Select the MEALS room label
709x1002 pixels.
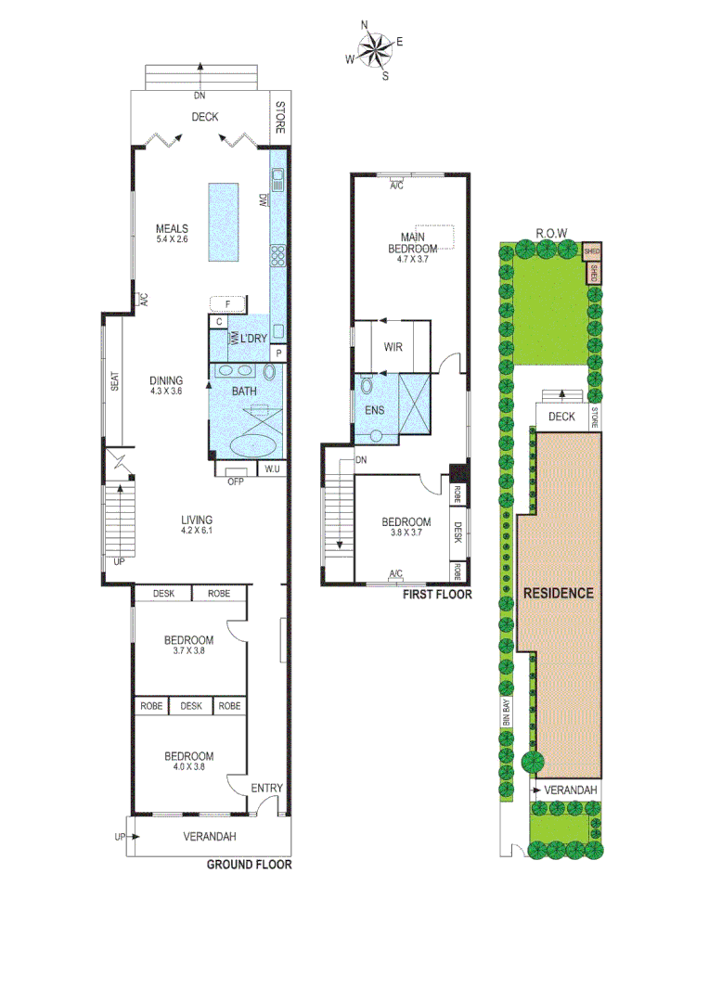point(172,229)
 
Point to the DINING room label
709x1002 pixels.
point(166,379)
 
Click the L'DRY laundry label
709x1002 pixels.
point(253,340)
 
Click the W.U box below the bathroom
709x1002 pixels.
point(272,469)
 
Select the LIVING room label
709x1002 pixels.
point(197,520)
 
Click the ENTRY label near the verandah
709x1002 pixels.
point(267,789)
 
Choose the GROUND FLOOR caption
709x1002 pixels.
point(249,865)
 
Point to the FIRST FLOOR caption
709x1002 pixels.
point(436,594)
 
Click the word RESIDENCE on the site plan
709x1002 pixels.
point(558,593)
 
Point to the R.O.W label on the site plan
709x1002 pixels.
point(551,233)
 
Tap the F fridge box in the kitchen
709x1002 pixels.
point(227,303)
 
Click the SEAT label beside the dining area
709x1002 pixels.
point(115,379)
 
